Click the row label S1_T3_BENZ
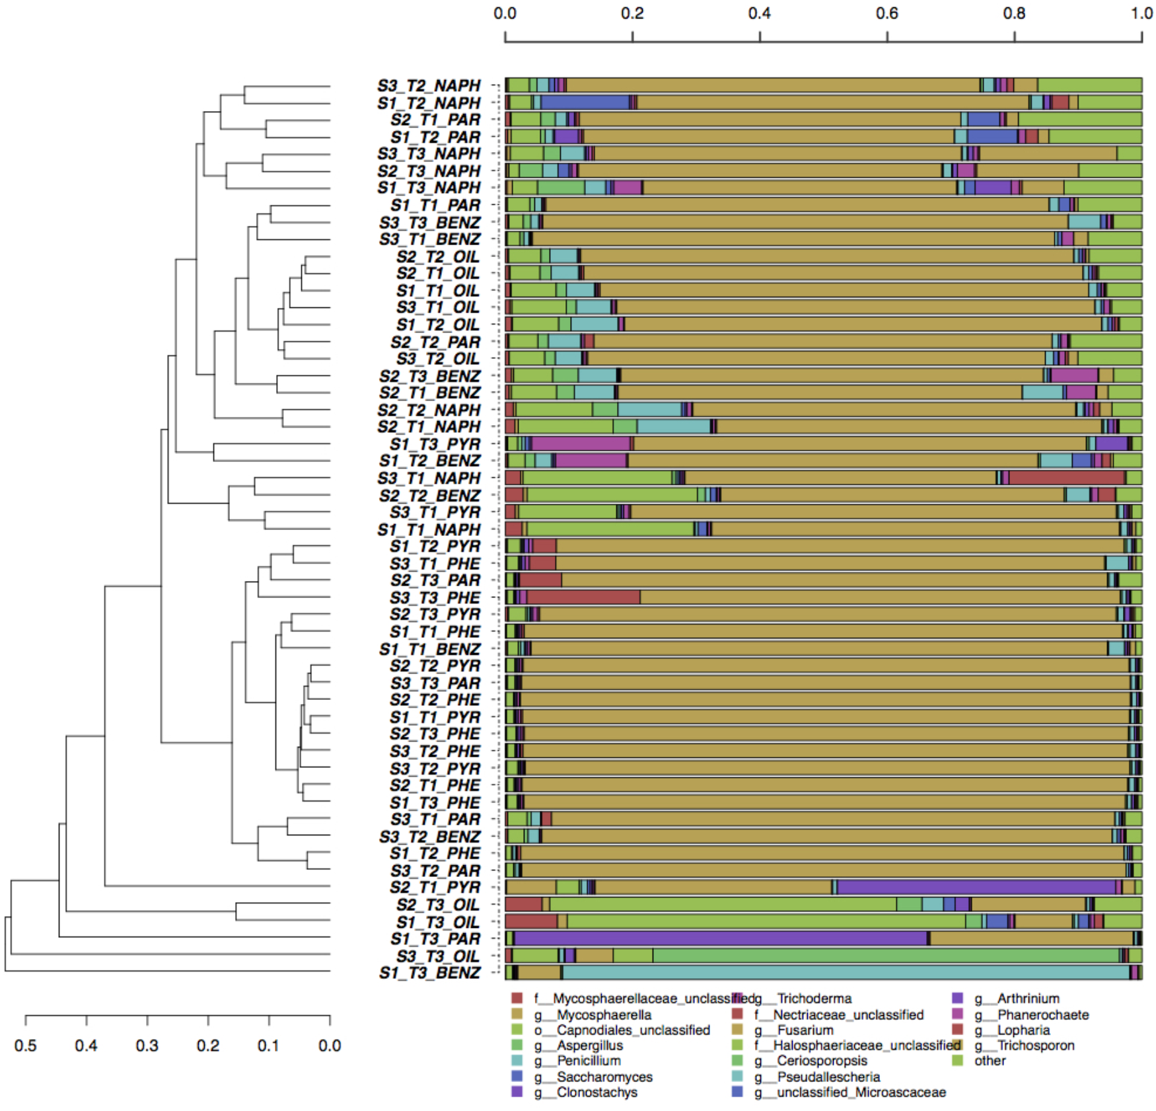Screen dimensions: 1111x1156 (x=429, y=973)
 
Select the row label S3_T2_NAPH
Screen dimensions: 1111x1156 (x=429, y=86)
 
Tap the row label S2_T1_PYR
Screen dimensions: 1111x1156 (x=435, y=887)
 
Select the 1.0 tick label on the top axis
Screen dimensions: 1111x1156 (x=1141, y=13)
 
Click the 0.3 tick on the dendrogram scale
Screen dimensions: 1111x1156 (x=147, y=1020)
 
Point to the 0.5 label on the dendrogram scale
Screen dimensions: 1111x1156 (x=25, y=1046)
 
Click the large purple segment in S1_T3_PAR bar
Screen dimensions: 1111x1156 (x=720, y=939)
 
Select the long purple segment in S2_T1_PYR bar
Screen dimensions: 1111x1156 (x=976, y=887)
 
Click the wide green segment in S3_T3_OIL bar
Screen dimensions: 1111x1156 (x=885, y=956)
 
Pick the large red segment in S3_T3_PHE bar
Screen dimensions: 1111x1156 (x=583, y=597)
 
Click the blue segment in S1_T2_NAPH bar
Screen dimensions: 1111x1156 (x=585, y=102)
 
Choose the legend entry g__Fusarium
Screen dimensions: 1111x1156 (x=805, y=1030)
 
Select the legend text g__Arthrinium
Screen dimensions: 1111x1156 (x=1028, y=998)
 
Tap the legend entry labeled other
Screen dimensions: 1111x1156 (x=990, y=1061)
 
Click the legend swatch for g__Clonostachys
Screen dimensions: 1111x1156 (x=517, y=1092)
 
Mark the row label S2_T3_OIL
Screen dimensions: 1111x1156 (x=438, y=904)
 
